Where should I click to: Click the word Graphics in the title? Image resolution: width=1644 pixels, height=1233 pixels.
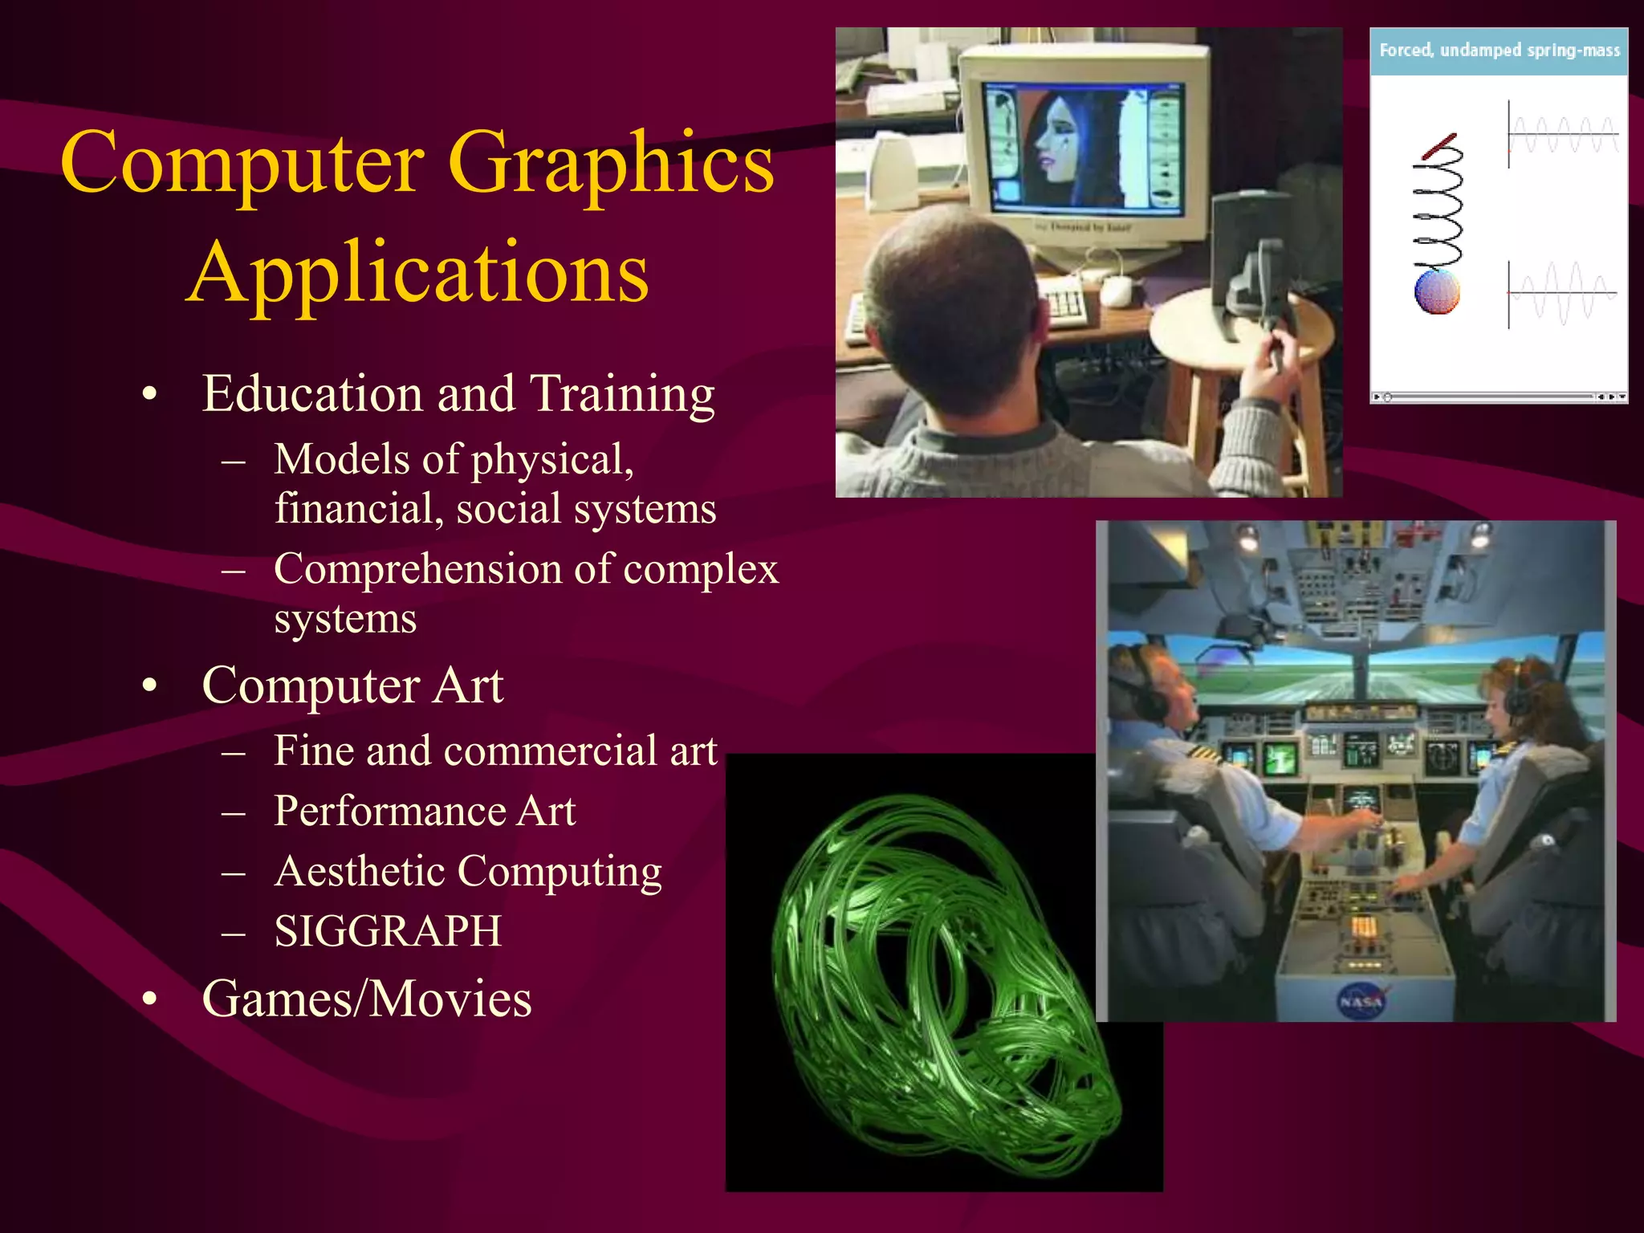[x=610, y=165]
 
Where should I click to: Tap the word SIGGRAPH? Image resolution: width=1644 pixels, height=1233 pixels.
[x=388, y=932]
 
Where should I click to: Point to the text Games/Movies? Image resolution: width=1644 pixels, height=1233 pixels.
[x=367, y=999]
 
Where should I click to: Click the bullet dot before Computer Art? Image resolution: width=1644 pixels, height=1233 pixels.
[x=149, y=687]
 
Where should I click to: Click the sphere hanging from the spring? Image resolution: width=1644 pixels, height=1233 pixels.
[x=1437, y=291]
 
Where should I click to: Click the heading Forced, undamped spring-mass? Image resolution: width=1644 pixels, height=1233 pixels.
[x=1499, y=51]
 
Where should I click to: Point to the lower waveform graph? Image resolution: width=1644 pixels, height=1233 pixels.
[x=1561, y=294]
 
